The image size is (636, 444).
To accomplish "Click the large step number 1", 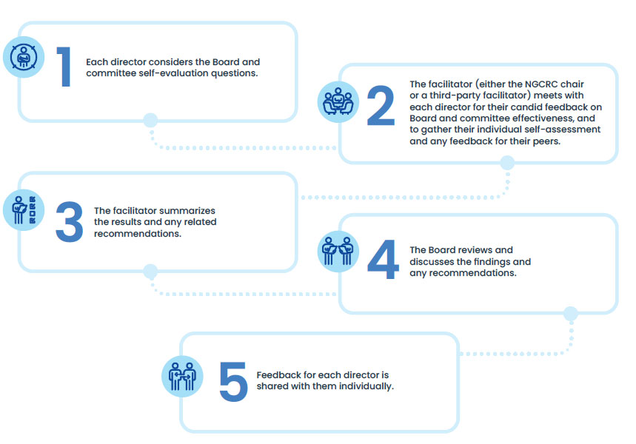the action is pyautogui.click(x=64, y=67).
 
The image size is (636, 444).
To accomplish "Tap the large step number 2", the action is pyautogui.click(x=381, y=105).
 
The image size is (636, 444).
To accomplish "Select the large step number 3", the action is pyautogui.click(x=70, y=222).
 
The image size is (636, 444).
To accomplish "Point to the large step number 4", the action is pyautogui.click(x=383, y=259).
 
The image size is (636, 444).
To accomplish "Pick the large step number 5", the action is pyautogui.click(x=233, y=382).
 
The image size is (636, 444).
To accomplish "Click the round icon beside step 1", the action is pyautogui.click(x=24, y=57).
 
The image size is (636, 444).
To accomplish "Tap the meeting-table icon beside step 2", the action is pyautogui.click(x=338, y=102).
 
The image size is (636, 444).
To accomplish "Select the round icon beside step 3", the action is pyautogui.click(x=24, y=210).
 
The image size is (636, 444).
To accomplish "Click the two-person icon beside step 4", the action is pyautogui.click(x=338, y=251).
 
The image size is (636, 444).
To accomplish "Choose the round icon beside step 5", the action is pyautogui.click(x=182, y=376).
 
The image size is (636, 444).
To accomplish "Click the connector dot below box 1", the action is pyautogui.click(x=150, y=120).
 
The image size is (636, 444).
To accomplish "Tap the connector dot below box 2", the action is pyautogui.click(x=507, y=163).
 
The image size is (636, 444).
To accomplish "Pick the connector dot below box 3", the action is pyautogui.click(x=150, y=272).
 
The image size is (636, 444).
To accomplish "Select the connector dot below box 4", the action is pyautogui.click(x=571, y=314).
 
